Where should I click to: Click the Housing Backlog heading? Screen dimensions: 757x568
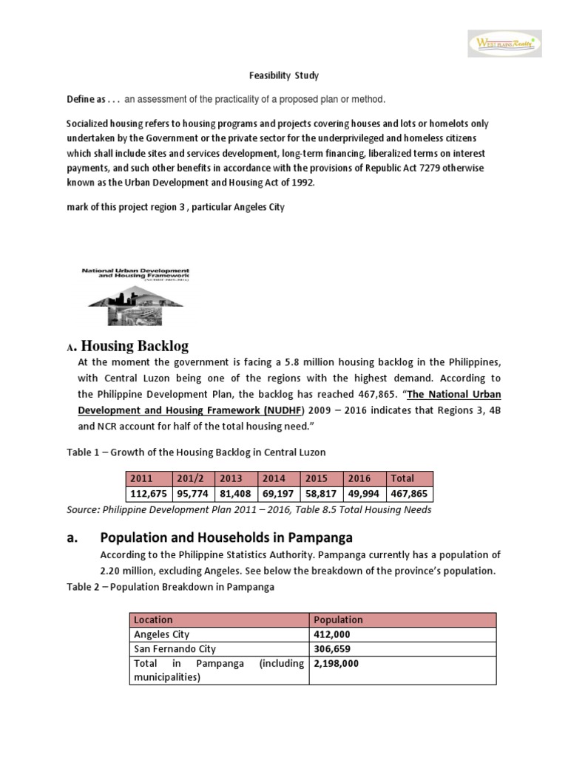[x=134, y=345]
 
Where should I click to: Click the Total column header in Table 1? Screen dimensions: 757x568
[x=402, y=478]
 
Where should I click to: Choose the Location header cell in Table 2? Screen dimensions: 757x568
[x=153, y=619]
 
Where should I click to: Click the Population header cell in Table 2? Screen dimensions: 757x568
[x=339, y=619]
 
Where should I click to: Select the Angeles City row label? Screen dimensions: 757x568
[x=163, y=634]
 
